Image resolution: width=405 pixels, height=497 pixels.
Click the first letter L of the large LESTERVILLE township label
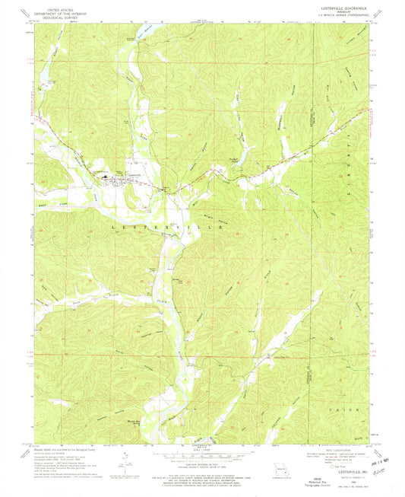(x=115, y=227)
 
